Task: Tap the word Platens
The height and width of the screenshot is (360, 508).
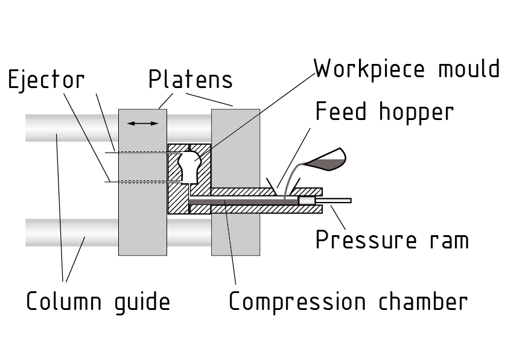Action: pyautogui.click(x=190, y=80)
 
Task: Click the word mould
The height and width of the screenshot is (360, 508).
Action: pyautogui.click(x=466, y=69)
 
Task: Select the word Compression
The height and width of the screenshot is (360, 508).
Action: pyautogui.click(x=297, y=301)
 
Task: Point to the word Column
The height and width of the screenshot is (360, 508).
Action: pyautogui.click(x=63, y=301)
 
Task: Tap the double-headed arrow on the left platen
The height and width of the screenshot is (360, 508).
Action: pyautogui.click(x=143, y=124)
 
